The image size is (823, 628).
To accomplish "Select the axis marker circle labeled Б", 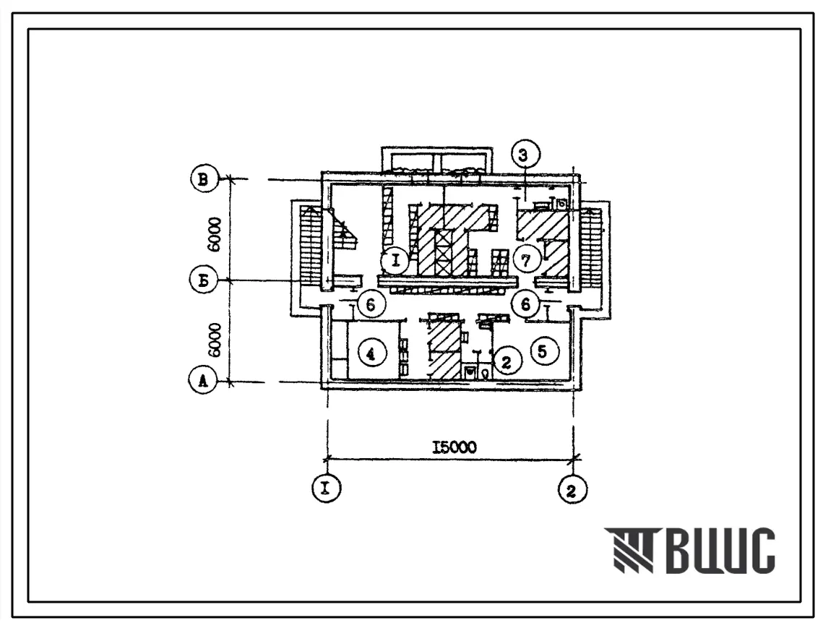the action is (x=203, y=280).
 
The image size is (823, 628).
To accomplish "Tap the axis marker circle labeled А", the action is (x=203, y=382).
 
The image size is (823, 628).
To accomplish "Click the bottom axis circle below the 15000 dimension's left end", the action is (x=327, y=489).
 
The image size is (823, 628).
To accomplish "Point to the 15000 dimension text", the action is (x=454, y=447).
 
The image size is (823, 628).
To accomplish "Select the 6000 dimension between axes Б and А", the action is (x=215, y=340).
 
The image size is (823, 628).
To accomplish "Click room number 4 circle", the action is (x=371, y=354).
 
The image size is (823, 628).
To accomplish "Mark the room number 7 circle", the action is (x=527, y=260).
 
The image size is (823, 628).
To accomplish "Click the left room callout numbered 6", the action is (x=371, y=304).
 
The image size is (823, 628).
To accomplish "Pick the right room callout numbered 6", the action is (x=527, y=304).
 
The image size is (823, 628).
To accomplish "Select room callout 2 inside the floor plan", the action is (x=506, y=361).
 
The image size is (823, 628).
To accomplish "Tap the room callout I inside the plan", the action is (x=396, y=260).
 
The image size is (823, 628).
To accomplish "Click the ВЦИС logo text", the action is (x=689, y=550).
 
